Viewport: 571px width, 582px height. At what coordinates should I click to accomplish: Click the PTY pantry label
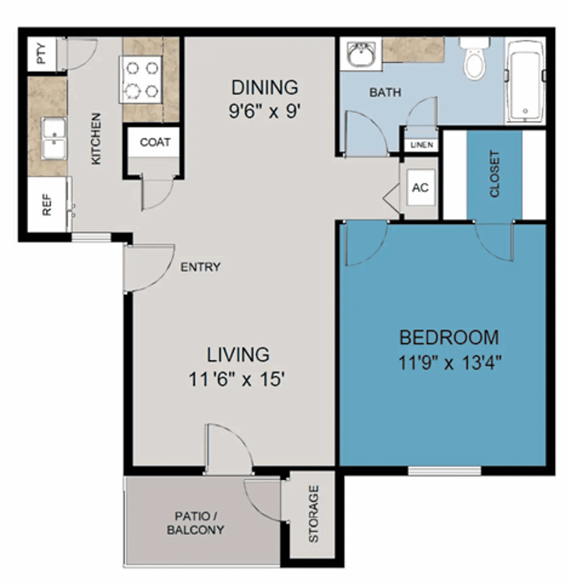42,54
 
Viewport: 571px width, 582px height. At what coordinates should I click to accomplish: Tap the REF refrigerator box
47,205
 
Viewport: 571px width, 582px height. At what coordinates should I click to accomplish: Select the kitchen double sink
54,138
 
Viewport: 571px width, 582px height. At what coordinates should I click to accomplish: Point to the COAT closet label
155,142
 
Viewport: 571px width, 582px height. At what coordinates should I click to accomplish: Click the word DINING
265,88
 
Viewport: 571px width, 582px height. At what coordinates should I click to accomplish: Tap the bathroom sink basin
361,54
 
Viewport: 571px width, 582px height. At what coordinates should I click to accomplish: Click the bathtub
525,81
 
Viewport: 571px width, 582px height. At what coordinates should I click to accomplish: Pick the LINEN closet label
422,145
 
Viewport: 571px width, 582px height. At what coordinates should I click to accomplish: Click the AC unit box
421,188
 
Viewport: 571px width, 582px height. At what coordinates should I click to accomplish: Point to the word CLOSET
494,174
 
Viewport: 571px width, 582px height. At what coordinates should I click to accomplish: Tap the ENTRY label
201,267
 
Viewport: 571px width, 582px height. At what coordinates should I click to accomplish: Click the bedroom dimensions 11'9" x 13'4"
450,363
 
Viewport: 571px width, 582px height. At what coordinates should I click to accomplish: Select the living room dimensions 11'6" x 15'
237,379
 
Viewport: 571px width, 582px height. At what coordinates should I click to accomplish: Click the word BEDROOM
449,338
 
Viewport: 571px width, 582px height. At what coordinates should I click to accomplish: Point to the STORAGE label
313,514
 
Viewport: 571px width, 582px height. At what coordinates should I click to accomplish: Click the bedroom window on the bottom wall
444,470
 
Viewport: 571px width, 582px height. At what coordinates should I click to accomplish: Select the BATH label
385,93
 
